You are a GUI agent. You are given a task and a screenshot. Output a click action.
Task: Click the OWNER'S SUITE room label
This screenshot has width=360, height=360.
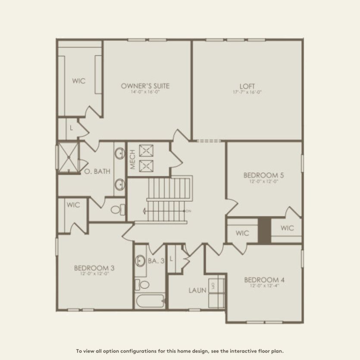(145, 86)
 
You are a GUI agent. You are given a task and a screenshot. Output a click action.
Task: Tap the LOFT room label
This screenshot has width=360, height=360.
(247, 86)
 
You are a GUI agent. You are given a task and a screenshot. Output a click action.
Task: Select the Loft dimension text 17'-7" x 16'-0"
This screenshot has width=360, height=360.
(247, 92)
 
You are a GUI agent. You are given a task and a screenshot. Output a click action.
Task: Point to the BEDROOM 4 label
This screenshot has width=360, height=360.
(264, 279)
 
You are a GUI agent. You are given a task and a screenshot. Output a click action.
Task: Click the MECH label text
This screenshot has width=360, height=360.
(132, 159)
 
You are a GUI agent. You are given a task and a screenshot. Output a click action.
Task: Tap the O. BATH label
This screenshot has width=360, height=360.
(97, 171)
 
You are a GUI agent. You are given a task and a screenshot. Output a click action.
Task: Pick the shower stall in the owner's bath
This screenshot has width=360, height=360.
(69, 157)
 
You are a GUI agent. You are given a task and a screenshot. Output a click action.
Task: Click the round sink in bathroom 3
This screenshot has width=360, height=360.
(141, 260)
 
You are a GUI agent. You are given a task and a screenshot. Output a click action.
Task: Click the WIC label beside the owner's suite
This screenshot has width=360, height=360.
(79, 81)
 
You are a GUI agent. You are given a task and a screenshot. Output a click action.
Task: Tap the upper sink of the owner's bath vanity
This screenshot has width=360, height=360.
(119, 153)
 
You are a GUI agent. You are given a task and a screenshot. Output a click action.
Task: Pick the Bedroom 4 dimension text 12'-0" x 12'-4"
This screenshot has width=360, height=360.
(264, 285)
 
